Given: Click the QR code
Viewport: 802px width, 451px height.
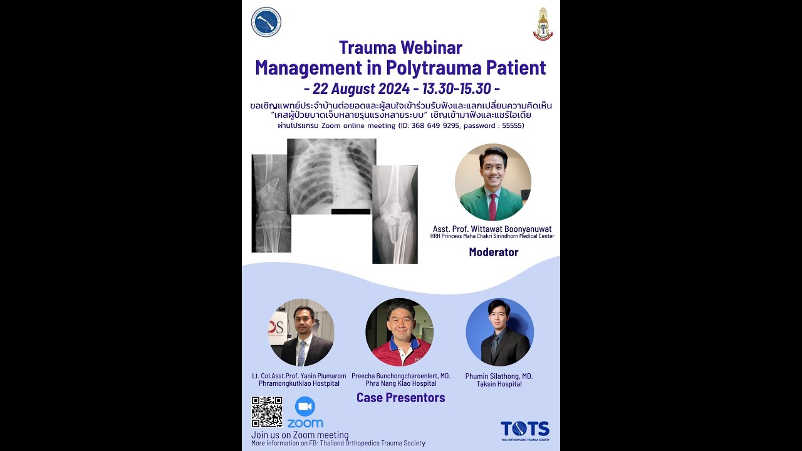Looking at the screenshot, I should (267, 412).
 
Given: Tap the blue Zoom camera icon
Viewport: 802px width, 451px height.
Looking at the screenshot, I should (305, 407).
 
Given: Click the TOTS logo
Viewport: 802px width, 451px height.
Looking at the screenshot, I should (524, 430).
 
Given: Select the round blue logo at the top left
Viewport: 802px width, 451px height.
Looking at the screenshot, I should (266, 22).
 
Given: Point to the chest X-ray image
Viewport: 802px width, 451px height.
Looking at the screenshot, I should (331, 175).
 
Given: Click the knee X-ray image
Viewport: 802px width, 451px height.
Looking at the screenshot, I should (395, 214).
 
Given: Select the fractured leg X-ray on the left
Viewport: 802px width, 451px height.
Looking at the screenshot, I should (271, 203).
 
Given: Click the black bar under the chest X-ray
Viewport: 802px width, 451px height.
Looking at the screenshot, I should (351, 212).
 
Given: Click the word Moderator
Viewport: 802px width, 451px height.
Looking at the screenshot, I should (494, 252).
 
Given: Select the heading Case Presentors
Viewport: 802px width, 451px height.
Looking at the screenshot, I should (400, 398).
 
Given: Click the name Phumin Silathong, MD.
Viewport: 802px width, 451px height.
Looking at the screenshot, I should (499, 376).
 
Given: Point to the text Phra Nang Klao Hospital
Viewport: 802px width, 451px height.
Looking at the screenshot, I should (401, 383).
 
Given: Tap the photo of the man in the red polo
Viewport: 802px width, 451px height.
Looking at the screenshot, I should (399, 332).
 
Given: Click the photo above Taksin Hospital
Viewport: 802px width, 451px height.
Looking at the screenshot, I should (499, 332).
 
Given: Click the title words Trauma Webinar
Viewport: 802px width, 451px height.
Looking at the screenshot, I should (400, 48).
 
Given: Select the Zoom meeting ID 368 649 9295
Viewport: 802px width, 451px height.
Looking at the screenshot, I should (432, 126).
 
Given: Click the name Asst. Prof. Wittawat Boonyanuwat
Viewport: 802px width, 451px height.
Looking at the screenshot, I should (492, 229).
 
